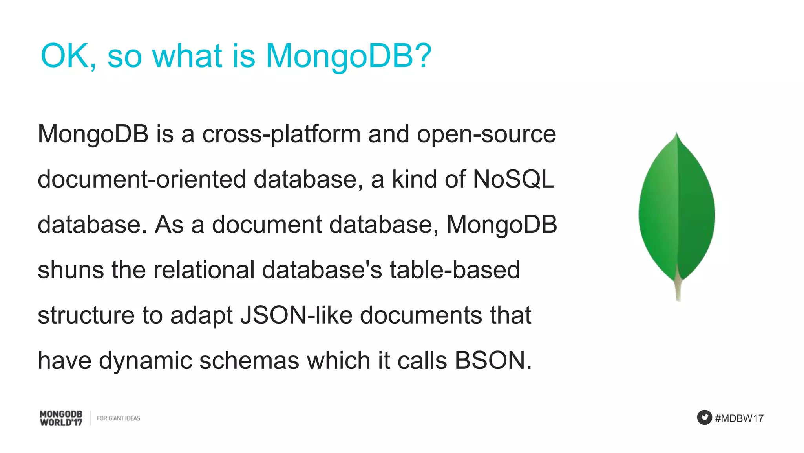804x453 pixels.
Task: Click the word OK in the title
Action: pos(65,56)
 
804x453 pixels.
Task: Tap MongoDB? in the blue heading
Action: pos(349,56)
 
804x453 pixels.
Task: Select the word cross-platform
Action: pos(281,134)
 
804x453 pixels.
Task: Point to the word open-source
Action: pos(486,134)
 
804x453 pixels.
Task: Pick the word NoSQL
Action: pos(513,179)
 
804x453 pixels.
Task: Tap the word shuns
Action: pos(71,270)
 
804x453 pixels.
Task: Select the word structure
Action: pos(86,315)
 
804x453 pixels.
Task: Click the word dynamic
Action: pos(145,361)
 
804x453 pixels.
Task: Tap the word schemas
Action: pos(249,361)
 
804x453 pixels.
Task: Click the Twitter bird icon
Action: pos(704,417)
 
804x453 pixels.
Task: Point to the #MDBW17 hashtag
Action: pos(739,418)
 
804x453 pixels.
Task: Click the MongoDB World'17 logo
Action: pos(61,418)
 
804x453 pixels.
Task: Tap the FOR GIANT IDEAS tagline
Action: pos(118,418)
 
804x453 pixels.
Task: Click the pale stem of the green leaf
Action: pos(678,289)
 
